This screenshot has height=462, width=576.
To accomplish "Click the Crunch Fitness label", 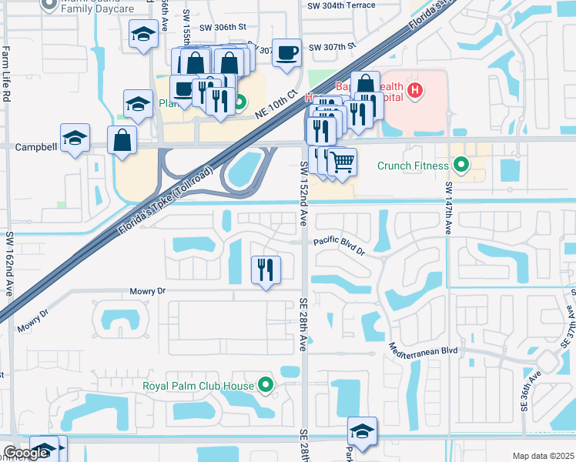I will [413, 165].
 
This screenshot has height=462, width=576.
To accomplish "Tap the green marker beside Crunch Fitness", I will [461, 165].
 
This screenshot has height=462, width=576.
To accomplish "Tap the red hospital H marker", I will [416, 91].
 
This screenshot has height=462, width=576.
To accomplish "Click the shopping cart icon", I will [342, 162].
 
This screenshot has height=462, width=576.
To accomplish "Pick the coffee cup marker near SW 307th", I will [287, 53].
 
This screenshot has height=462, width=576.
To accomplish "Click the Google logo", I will [25, 453].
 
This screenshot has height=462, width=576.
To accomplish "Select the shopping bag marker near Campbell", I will [122, 141].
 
